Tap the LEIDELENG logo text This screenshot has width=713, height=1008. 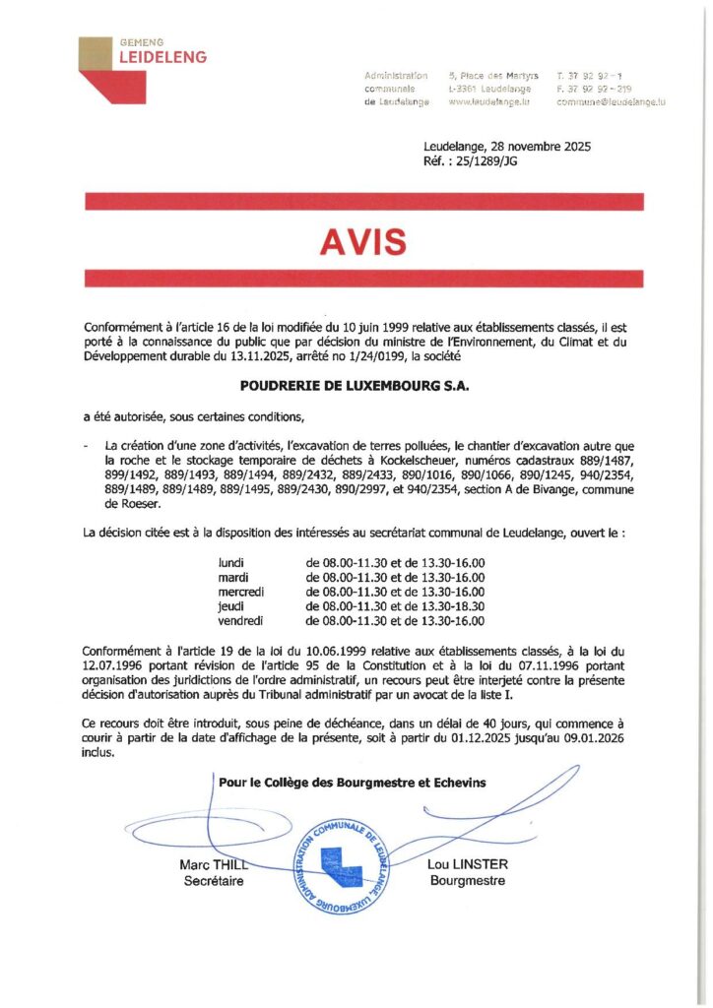(x=162, y=58)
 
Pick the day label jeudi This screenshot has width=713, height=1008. (x=230, y=607)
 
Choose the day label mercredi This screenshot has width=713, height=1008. (x=241, y=592)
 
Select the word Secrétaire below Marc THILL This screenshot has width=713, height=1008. (x=214, y=880)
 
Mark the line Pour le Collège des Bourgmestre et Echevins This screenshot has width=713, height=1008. (x=353, y=782)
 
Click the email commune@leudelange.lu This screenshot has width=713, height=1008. (x=611, y=101)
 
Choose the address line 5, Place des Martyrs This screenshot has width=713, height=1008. (x=489, y=75)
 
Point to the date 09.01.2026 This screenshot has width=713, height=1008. (x=603, y=738)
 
